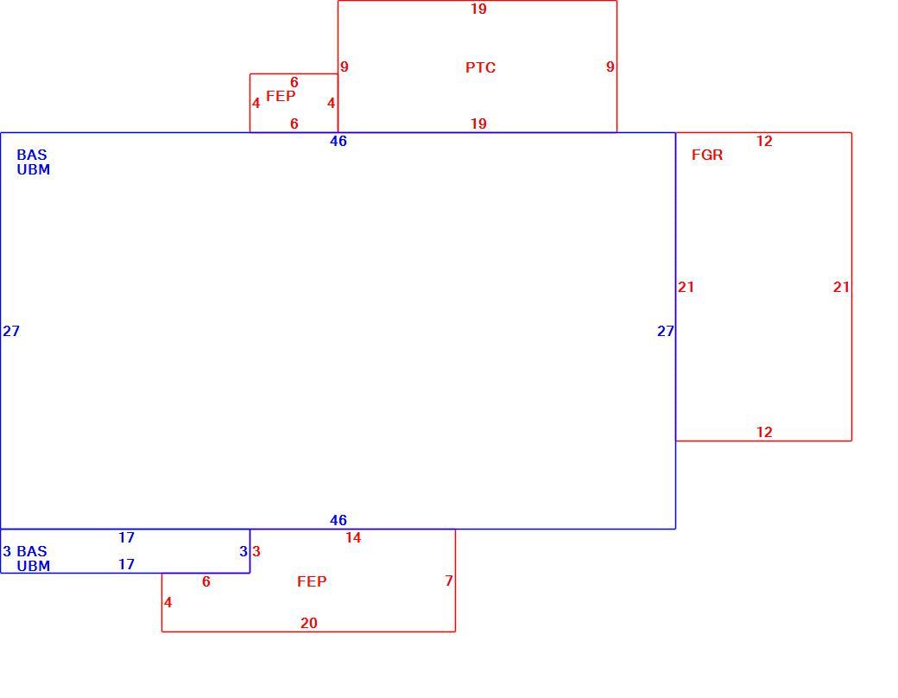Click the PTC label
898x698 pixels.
point(480,67)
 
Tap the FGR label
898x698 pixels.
point(707,155)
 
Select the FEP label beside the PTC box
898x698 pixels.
point(281,96)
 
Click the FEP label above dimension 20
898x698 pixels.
point(312,581)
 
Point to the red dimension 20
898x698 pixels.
point(309,623)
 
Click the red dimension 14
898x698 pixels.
point(353,537)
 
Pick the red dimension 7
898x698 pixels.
point(449,581)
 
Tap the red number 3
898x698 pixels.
point(256,551)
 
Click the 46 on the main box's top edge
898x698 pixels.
point(338,141)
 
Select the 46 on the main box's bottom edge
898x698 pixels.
point(338,520)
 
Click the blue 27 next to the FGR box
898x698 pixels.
point(666,331)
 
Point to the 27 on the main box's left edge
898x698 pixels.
point(11,331)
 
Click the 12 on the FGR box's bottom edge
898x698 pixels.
point(764,432)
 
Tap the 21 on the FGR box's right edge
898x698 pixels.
point(841,287)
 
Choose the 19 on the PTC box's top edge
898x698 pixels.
point(478,10)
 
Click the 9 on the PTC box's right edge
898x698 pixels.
point(610,67)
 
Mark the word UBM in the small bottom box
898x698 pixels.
point(33,566)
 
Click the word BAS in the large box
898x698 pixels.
point(32,155)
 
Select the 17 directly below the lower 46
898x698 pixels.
point(126,537)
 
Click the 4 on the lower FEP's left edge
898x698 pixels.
point(168,602)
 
